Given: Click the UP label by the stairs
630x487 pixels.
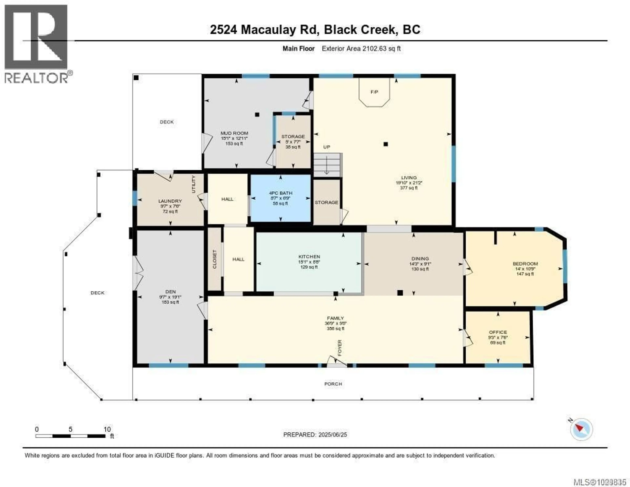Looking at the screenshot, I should (326, 147).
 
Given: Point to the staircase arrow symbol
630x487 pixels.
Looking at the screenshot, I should (326, 165).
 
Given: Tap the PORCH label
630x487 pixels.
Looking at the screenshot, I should (333, 384).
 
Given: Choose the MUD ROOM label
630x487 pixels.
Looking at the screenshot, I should (234, 133).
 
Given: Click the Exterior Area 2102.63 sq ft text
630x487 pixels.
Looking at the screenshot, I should (361, 48).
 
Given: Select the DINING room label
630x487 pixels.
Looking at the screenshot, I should (420, 259).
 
